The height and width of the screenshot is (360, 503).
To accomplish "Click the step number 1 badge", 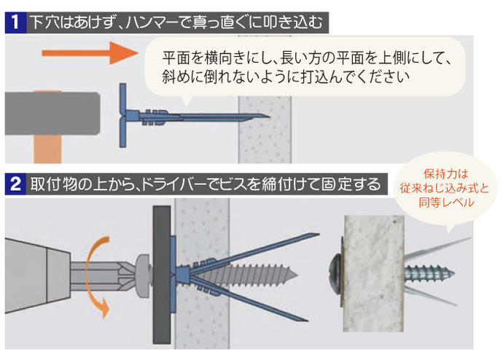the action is pos(15,23).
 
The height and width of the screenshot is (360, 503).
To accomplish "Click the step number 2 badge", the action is pos(15,184).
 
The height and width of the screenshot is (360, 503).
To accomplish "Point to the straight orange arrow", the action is pos(89,53).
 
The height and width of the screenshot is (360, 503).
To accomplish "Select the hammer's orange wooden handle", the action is pos(47,149).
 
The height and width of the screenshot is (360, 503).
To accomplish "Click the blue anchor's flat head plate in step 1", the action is pos(122,115).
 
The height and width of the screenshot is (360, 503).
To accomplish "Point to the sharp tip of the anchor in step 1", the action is pos(269,116).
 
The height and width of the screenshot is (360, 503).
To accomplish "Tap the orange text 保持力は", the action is pos(445,173).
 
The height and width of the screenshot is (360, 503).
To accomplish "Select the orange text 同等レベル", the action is pos(446,203).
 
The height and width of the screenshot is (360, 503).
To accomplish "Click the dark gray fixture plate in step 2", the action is pos(162,275).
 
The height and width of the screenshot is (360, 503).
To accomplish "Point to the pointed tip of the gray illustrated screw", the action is pos(297,275).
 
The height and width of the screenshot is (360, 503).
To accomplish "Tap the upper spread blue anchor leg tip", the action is pos(318,235).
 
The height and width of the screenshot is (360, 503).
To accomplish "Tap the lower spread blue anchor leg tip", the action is pos(307,320).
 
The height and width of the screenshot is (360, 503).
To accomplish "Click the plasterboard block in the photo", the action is pos(373,273).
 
